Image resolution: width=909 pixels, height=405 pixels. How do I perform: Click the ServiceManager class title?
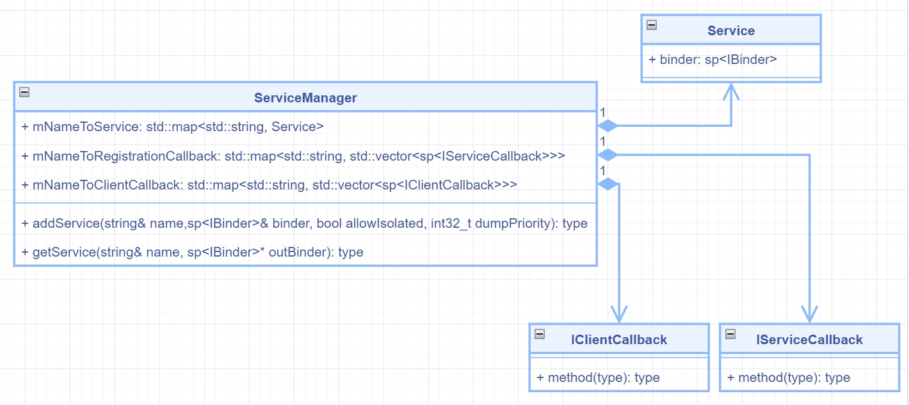click(305, 98)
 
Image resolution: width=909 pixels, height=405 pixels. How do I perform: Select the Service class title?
click(730, 31)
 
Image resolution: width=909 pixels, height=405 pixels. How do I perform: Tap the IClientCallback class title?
click(619, 340)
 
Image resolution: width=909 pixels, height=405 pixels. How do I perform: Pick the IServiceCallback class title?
click(809, 340)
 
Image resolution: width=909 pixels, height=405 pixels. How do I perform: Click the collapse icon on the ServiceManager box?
click(24, 92)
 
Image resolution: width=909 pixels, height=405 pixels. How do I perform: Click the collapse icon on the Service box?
click(652, 25)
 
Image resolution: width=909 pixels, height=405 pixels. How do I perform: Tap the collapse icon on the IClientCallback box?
click(540, 334)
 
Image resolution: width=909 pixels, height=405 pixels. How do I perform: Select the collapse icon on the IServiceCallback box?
click(730, 334)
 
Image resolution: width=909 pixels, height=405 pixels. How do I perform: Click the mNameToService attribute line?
click(172, 127)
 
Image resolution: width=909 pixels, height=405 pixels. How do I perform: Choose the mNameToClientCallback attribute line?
click(269, 185)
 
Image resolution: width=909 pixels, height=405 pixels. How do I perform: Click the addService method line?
click(304, 223)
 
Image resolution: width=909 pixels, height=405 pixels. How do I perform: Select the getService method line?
click(192, 252)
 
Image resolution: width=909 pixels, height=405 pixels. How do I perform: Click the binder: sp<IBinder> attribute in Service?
click(712, 60)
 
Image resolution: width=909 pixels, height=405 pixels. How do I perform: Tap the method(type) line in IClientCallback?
click(598, 377)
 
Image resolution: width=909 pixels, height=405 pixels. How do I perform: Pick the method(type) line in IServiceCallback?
click(788, 377)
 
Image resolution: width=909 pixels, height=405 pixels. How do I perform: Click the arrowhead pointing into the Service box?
click(731, 91)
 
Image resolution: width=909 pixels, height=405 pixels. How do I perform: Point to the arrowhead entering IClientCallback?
click(619, 314)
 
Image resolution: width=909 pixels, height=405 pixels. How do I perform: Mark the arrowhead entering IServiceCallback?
click(810, 314)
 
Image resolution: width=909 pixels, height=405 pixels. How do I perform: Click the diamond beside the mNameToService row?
click(607, 126)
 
